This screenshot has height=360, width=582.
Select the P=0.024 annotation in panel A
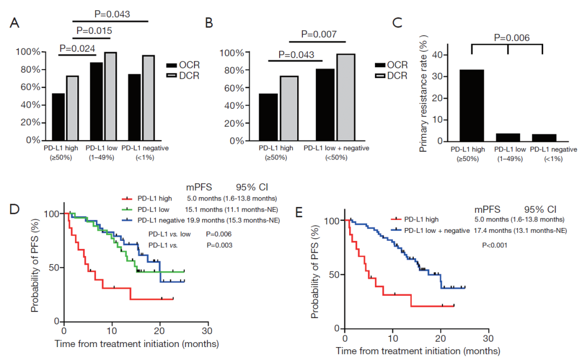[77, 49]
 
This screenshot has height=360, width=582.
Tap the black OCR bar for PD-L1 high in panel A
[58, 117]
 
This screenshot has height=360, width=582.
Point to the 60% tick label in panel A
[27, 87]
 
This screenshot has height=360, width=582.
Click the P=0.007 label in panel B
[319, 35]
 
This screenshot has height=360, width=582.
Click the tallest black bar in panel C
[472, 106]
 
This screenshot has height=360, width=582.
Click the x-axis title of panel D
[136, 343]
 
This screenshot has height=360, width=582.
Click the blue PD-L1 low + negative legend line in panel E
[396, 231]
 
